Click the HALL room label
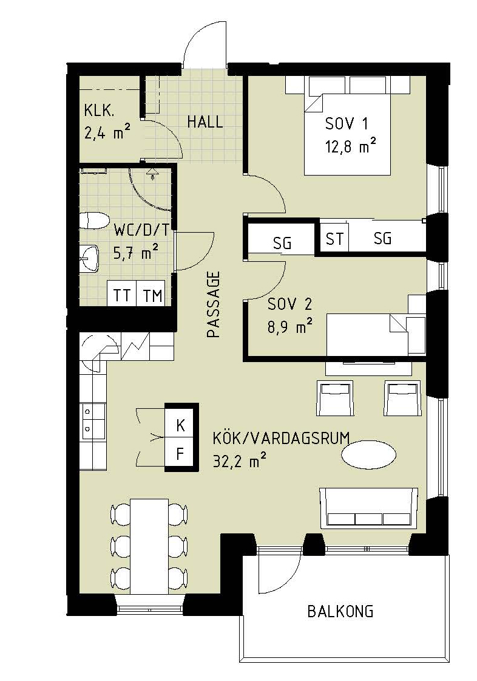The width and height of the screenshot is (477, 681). coord(205,121)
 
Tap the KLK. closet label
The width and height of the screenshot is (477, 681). coord(100,111)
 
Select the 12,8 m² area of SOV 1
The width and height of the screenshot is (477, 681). coord(350,146)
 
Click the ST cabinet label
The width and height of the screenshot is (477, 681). coord(334,238)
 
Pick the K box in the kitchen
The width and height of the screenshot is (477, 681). coord(181,425)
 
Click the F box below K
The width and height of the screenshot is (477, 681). coord(181,454)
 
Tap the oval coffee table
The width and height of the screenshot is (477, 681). coord(368,454)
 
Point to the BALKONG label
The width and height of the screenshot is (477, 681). coord(340,612)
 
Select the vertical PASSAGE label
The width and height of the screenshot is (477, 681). coord(214,304)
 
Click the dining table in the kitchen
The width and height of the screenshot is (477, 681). coord(149,546)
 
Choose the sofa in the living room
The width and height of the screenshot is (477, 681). coord(368,507)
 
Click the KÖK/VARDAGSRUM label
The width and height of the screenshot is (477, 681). coord(281,438)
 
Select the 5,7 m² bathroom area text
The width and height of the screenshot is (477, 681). coord(135,253)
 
